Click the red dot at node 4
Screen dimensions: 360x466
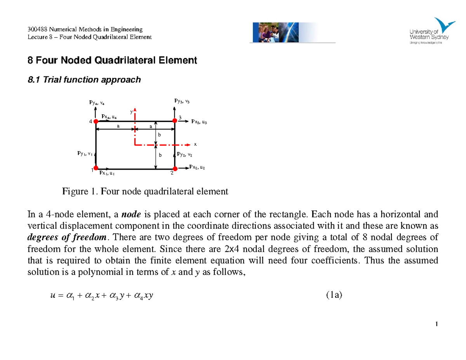click(96, 121)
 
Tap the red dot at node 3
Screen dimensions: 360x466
click(175, 121)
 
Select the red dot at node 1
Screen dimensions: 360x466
click(96, 169)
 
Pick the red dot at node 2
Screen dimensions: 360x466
click(175, 168)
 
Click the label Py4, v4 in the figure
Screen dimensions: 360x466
click(97, 103)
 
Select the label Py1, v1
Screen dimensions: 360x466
click(84, 153)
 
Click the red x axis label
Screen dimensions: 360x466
click(195, 144)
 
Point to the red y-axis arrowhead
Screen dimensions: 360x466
click(135, 110)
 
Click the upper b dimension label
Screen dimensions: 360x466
click(159, 134)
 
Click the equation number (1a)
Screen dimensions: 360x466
click(334, 296)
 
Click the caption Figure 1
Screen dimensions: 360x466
click(145, 191)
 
